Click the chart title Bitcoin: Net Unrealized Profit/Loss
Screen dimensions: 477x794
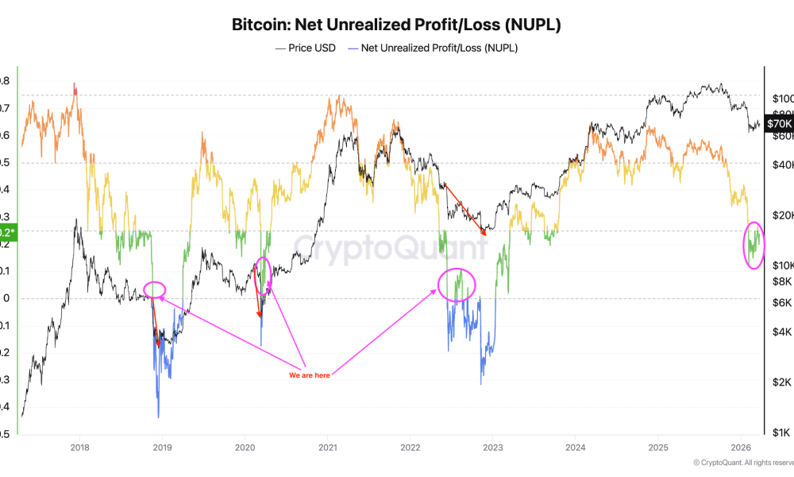tap(396, 25)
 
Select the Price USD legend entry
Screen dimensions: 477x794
tap(306, 48)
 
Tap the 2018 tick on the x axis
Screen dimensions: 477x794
tap(79, 448)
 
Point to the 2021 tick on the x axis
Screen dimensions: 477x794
tap(327, 448)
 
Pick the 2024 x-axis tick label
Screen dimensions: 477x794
tap(576, 448)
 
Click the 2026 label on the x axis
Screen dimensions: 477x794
tap(741, 448)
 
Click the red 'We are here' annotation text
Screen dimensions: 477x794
tap(309, 375)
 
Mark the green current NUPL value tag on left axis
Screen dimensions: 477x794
tap(7, 232)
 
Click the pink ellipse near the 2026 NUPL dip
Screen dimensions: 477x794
tap(753, 245)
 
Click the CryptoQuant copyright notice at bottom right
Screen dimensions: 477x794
tap(742, 463)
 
